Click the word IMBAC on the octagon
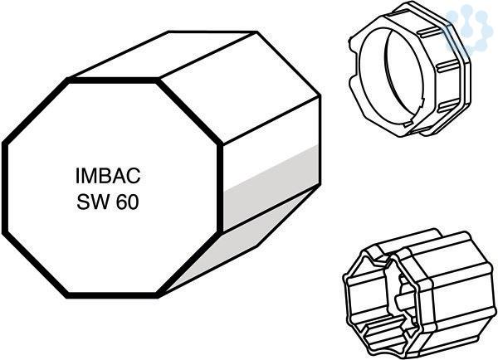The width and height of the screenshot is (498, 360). click(108, 176)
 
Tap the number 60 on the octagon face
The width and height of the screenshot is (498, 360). click(127, 202)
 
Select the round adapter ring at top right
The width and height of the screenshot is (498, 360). click(410, 70)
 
